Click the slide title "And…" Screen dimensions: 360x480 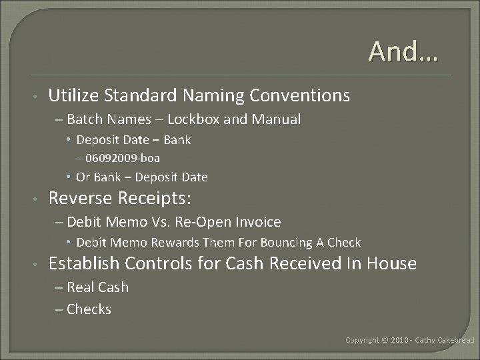[x=404, y=51]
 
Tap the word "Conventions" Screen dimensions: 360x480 [x=299, y=96]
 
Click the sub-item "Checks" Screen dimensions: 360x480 [x=89, y=309]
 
